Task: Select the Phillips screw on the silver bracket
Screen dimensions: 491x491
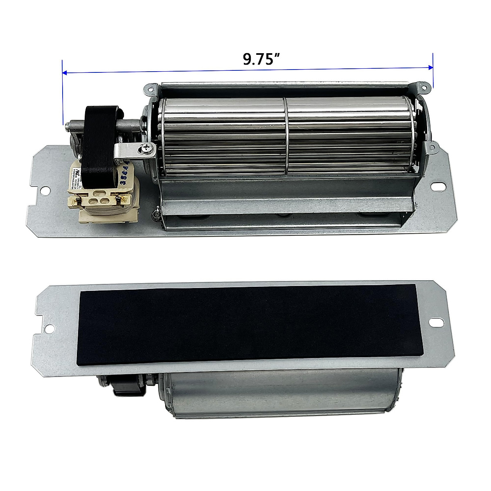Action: (146, 150)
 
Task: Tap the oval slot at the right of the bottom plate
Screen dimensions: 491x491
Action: (441, 322)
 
